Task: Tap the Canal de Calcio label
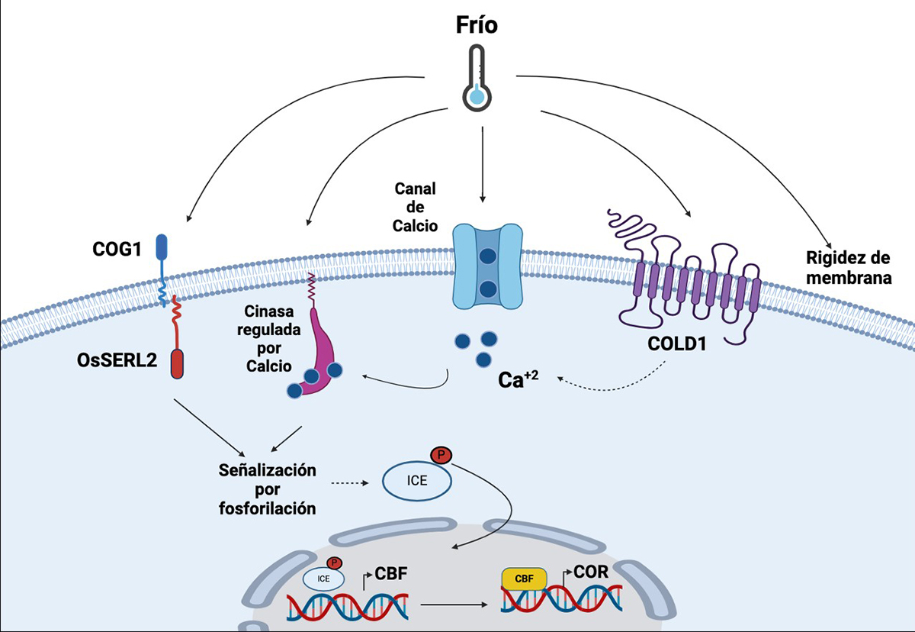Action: [415, 206]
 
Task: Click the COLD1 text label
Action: [676, 344]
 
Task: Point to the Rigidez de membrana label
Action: [848, 267]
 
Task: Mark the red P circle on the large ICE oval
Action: [441, 456]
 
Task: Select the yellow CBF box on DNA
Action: [523, 579]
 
